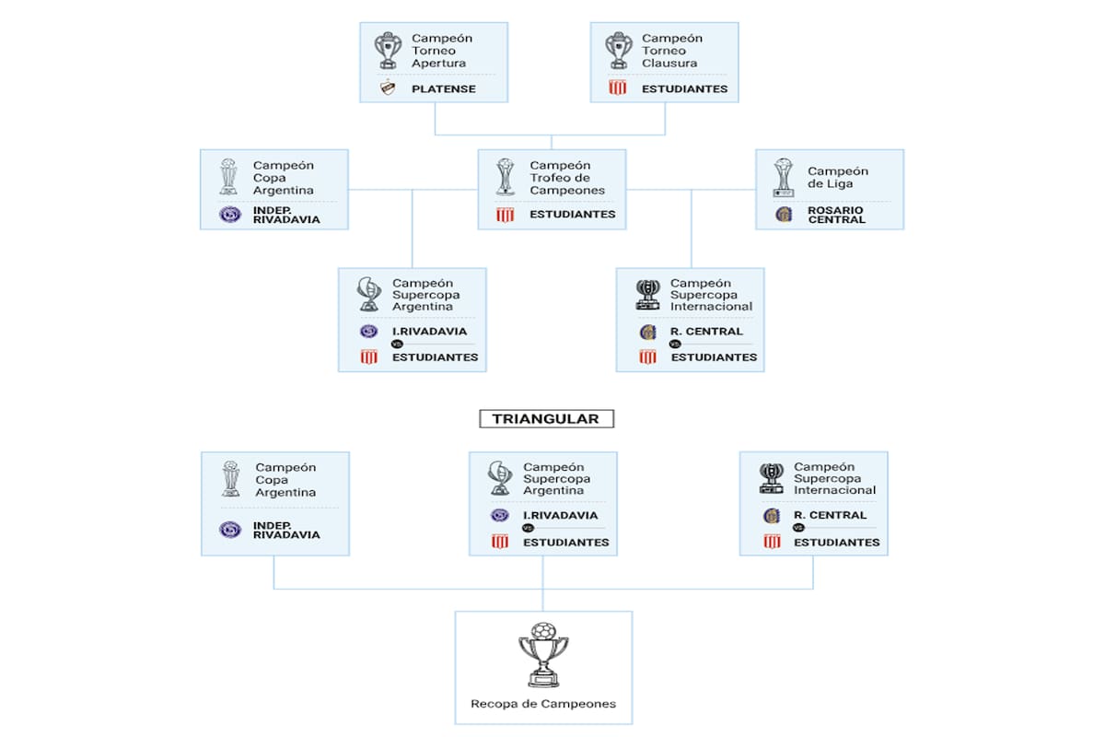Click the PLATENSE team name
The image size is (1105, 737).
(x=444, y=89)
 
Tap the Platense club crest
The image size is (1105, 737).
(x=388, y=89)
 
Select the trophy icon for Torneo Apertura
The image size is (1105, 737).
(x=388, y=51)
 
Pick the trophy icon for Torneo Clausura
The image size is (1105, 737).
(x=618, y=51)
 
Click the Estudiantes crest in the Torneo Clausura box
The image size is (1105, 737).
(x=618, y=88)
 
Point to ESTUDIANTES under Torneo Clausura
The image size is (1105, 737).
(x=685, y=89)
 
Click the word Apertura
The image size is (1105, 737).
(x=438, y=64)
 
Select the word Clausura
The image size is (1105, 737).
(x=669, y=64)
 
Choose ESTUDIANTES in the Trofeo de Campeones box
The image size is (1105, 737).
(x=572, y=215)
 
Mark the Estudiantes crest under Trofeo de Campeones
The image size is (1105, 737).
(x=505, y=215)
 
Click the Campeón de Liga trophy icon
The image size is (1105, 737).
(x=784, y=176)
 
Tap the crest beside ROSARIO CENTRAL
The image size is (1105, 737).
(x=784, y=215)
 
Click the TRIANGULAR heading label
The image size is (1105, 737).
(x=546, y=419)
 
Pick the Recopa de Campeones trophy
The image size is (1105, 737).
(x=543, y=655)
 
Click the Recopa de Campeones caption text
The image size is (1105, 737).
(x=543, y=704)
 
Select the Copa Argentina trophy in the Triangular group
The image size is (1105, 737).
(x=230, y=480)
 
